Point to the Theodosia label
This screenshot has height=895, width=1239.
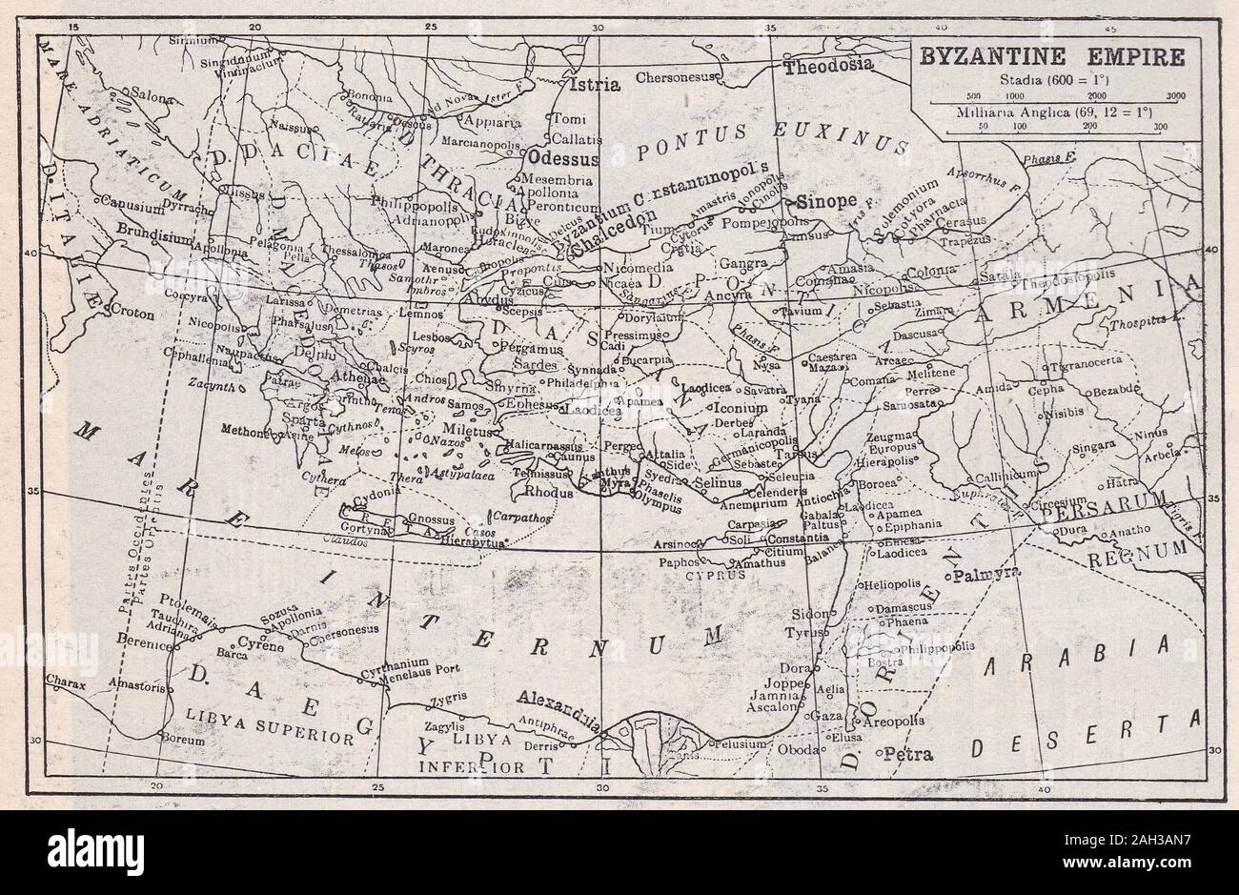827,66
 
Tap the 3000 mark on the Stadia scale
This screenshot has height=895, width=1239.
1174,96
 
